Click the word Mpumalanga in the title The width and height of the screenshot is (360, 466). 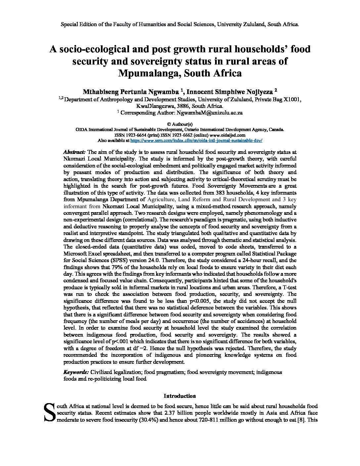pos(148,73)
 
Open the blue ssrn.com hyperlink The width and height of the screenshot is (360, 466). pos(197,140)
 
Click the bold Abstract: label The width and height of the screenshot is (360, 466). pos(74,152)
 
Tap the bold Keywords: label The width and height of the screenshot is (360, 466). pos(76,372)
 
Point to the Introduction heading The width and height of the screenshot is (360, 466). pos(180,396)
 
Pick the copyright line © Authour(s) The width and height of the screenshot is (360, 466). pos(180,124)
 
